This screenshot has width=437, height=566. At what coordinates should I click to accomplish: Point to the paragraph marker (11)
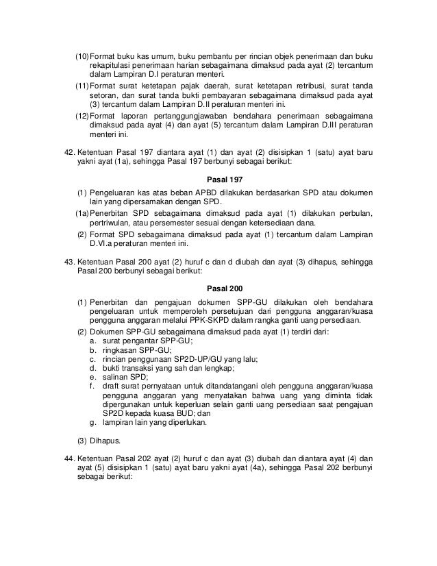point(81,84)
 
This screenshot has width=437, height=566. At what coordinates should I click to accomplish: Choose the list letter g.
point(92,423)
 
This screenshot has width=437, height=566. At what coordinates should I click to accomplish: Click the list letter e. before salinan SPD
point(92,378)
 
